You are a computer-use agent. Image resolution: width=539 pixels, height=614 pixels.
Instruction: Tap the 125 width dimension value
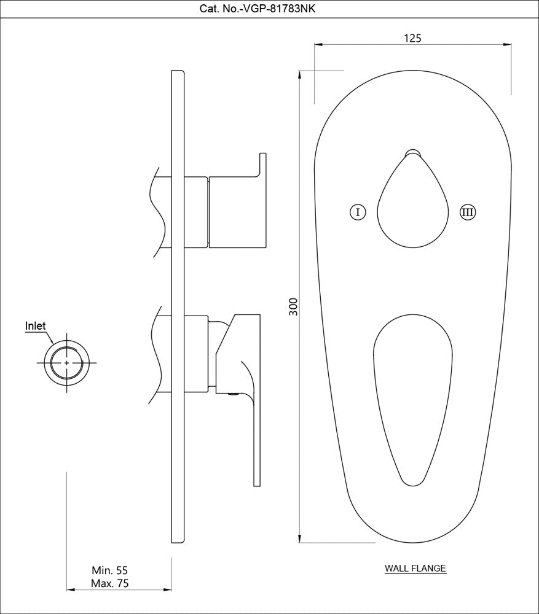pyautogui.click(x=413, y=38)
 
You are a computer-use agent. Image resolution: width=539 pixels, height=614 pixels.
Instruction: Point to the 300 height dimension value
pyautogui.click(x=293, y=306)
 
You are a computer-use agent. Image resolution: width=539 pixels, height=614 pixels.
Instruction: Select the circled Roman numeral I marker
pyautogui.click(x=358, y=212)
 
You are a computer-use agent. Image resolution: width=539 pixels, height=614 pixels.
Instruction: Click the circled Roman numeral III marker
pyautogui.click(x=468, y=212)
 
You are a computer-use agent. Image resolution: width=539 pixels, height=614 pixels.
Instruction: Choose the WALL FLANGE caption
pyautogui.click(x=415, y=569)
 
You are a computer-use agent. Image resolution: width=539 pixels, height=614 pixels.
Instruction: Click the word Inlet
pyautogui.click(x=36, y=326)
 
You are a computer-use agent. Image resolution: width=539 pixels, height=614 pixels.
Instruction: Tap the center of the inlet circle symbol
pyautogui.click(x=67, y=362)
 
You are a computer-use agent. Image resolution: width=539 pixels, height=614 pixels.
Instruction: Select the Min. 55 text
pyautogui.click(x=109, y=570)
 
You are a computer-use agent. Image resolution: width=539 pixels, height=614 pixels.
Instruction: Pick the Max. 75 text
pyautogui.click(x=109, y=583)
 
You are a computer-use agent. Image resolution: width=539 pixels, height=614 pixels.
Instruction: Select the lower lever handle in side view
pyautogui.click(x=243, y=368)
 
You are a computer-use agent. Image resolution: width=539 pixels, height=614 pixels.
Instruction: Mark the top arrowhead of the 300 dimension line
pyautogui.click(x=299, y=75)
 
